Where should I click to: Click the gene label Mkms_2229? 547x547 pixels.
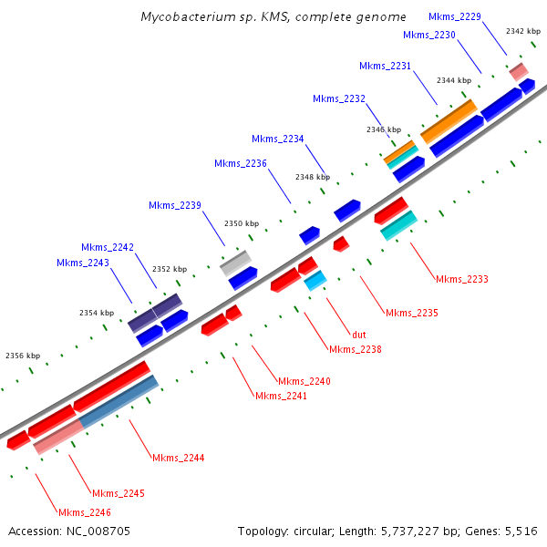[455, 16]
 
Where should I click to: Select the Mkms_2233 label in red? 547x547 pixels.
[462, 279]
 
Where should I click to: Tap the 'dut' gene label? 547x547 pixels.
[359, 335]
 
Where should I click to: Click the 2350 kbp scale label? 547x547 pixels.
[242, 223]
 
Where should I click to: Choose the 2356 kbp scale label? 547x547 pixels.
[23, 356]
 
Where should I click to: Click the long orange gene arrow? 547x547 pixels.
[449, 120]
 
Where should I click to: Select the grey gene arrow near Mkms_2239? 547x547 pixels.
[235, 263]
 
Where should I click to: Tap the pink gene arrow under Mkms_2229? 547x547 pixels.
[519, 70]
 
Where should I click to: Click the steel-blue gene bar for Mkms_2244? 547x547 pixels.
[119, 402]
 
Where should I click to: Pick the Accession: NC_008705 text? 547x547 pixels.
[69, 531]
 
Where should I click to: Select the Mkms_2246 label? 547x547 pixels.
[85, 512]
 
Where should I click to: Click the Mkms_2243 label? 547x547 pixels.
[83, 263]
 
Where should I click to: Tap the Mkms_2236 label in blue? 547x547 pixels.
[241, 163]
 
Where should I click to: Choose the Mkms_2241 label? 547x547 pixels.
[282, 396]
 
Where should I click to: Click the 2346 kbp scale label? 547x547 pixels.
[383, 129]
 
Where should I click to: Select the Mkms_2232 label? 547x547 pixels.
[339, 98]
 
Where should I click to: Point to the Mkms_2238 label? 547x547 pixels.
[356, 349]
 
